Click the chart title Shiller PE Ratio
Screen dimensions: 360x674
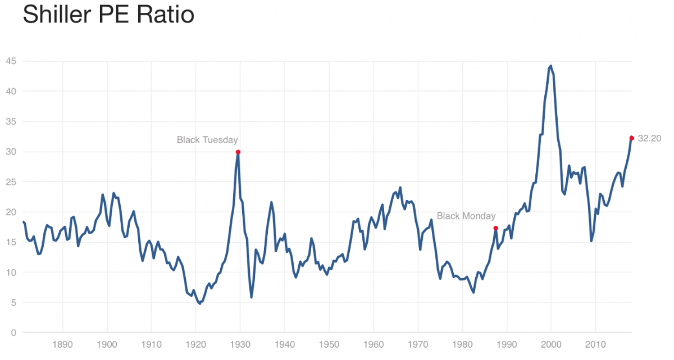pos(108,15)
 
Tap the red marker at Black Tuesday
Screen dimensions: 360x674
pos(238,152)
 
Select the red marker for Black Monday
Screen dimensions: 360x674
pos(495,228)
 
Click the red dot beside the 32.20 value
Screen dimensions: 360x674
pos(631,138)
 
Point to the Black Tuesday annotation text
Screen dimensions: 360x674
pos(207,140)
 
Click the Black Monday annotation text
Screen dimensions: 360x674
pos(466,216)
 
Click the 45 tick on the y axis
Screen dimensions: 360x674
pos(11,61)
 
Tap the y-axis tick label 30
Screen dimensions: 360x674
pos(11,152)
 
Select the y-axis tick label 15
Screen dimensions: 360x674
pos(11,243)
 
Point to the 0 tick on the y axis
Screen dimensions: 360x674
pos(13,333)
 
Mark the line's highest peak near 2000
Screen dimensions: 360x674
pos(550,66)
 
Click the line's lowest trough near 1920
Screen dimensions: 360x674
pos(199,303)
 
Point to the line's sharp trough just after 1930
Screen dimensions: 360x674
pos(251,297)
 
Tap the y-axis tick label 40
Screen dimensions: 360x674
pos(11,91)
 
